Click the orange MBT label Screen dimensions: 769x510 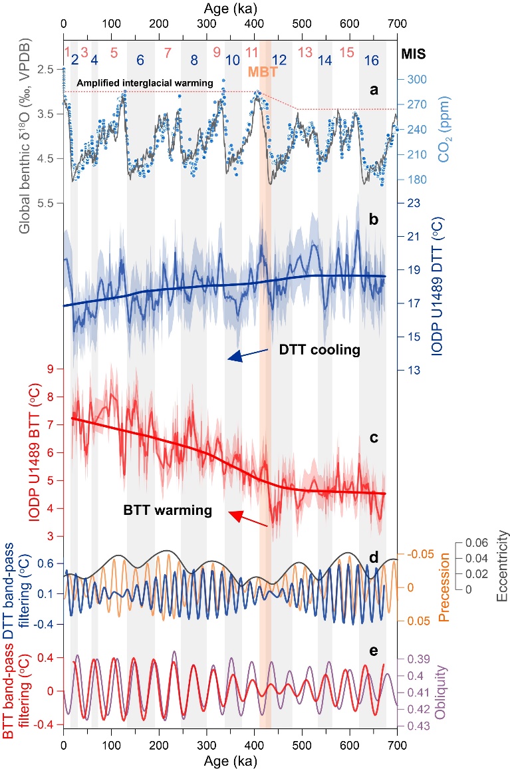click(259, 71)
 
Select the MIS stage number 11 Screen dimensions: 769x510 click(252, 52)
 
